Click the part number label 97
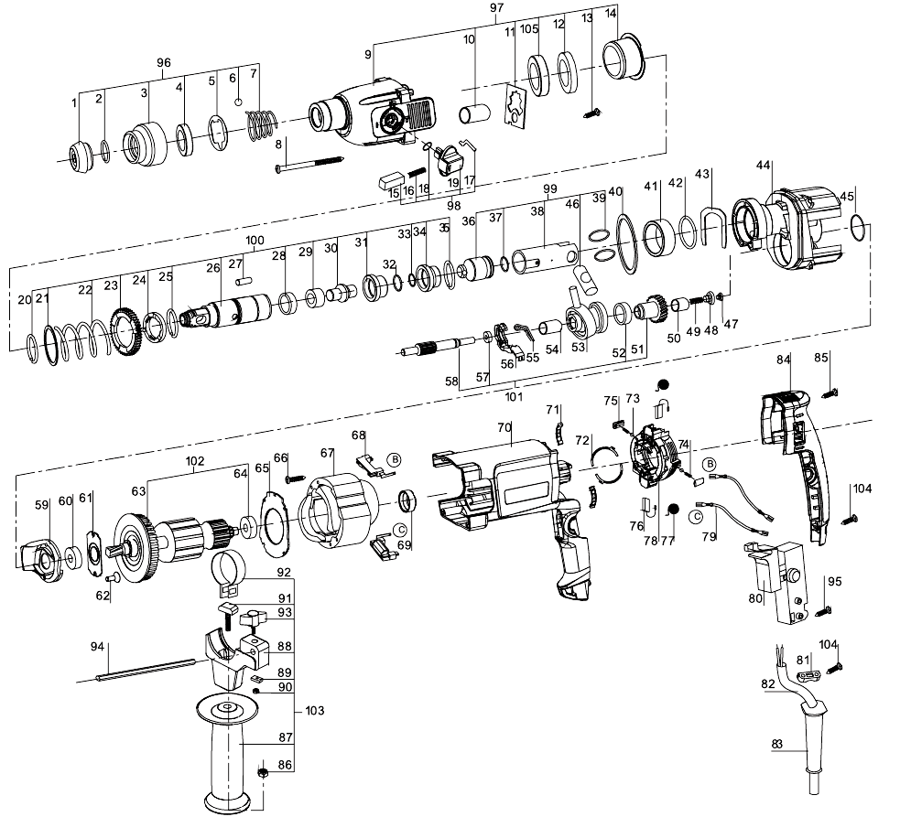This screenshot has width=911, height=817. coord(497,7)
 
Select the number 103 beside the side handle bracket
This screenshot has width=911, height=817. coord(314,711)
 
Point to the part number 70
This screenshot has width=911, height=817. coord(504,427)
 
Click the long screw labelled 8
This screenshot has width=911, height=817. coord(310,163)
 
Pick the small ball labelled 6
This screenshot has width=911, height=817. coord(238,102)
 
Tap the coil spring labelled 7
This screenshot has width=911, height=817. coord(260,124)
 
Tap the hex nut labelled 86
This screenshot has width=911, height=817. coord(262,773)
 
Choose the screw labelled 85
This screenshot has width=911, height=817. coord(829,393)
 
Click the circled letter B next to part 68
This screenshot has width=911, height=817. coord(395,459)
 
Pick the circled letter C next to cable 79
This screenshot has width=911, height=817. coord(696,516)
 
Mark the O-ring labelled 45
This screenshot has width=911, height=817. coord(861,227)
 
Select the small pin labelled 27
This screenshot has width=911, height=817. coord(245,281)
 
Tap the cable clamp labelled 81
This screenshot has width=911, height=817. coord(807,675)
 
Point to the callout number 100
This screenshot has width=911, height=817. coord(255,240)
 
